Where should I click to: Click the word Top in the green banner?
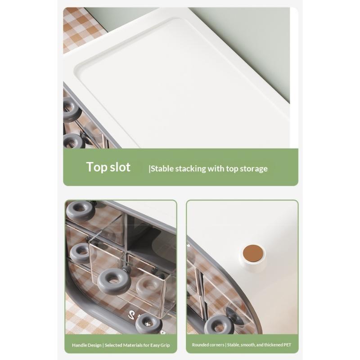pyautogui.click(x=97, y=167)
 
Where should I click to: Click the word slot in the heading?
pyautogui.click(x=120, y=166)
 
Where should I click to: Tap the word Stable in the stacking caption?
pyautogui.click(x=162, y=168)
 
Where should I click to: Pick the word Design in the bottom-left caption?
pyautogui.click(x=94, y=345)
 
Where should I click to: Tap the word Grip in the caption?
pyautogui.click(x=165, y=345)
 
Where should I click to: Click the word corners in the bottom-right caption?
pyautogui.click(x=217, y=345)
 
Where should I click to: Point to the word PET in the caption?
pyautogui.click(x=287, y=345)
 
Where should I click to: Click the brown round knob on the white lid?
pyautogui.click(x=253, y=253)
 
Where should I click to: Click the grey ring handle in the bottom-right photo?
pyautogui.click(x=219, y=324)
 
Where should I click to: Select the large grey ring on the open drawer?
pyautogui.click(x=114, y=282)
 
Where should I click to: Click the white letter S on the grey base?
pyautogui.click(x=131, y=314)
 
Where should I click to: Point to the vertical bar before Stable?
pyautogui.click(x=149, y=169)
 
